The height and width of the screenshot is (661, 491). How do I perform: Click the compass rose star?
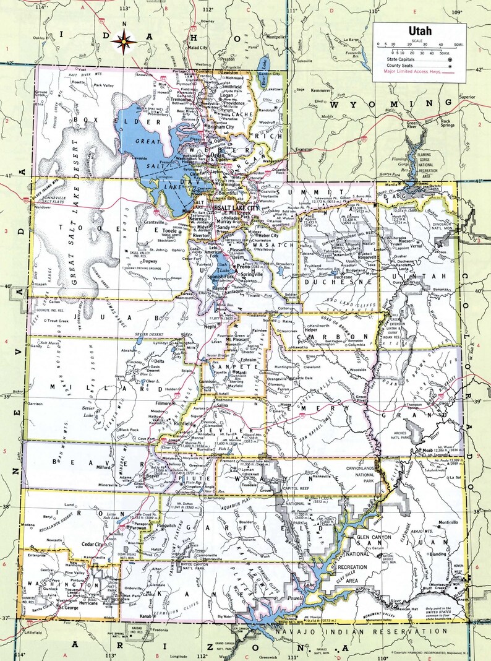pyautogui.click(x=128, y=42)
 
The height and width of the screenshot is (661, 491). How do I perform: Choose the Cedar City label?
pyautogui.click(x=93, y=545)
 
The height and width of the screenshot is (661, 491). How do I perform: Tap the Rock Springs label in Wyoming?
pyautogui.click(x=449, y=123)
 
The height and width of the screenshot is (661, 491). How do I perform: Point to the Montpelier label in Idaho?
pyautogui.click(x=275, y=37)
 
